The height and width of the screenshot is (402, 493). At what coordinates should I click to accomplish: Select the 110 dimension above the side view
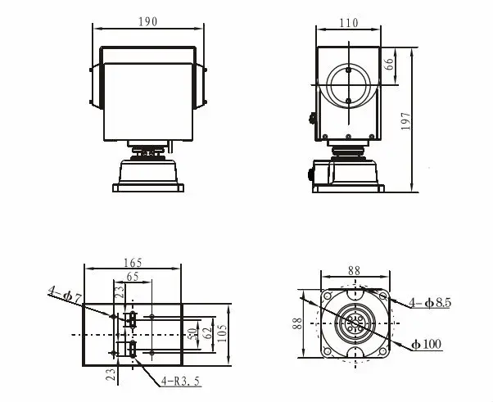tap(348, 24)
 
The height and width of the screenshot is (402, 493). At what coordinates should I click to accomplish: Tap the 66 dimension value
tap(391, 61)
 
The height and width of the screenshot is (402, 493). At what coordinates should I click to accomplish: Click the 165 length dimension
tap(133, 262)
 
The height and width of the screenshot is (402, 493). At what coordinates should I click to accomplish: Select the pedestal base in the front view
tap(148, 174)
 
